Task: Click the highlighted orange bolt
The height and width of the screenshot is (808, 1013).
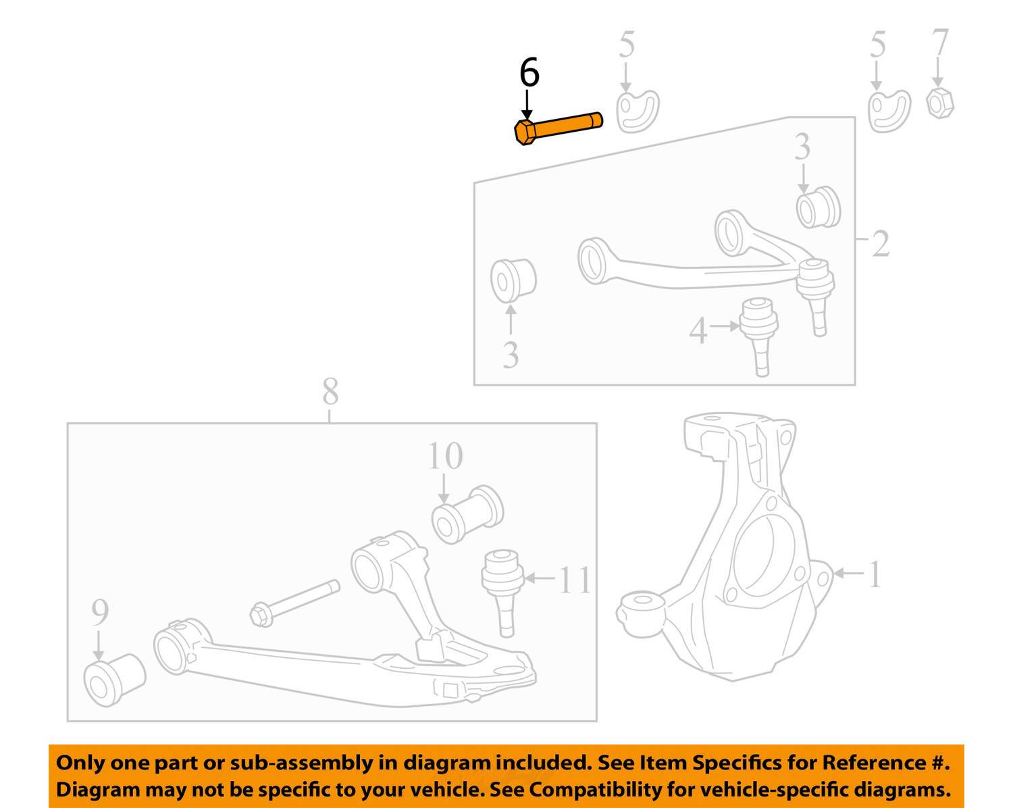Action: (559, 128)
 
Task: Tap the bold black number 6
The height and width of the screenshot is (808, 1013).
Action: (529, 72)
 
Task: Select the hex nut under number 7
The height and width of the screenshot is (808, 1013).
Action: (940, 103)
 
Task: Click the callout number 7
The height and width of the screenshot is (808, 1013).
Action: (940, 42)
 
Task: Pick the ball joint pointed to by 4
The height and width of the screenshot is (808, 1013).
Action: (758, 336)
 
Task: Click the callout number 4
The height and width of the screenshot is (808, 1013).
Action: (698, 330)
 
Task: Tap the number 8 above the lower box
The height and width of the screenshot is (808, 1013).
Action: (330, 390)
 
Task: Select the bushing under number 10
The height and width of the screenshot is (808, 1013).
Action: (467, 514)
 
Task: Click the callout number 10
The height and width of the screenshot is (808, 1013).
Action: (445, 455)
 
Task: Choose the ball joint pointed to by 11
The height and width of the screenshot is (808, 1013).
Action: (502, 592)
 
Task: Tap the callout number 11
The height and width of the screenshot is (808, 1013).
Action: (575, 580)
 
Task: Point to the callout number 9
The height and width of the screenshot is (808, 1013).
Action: (100, 611)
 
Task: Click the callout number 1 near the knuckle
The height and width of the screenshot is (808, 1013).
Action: (875, 574)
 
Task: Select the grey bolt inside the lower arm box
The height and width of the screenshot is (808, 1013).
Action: (294, 603)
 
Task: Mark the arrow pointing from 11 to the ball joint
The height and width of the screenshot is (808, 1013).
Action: (540, 578)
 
